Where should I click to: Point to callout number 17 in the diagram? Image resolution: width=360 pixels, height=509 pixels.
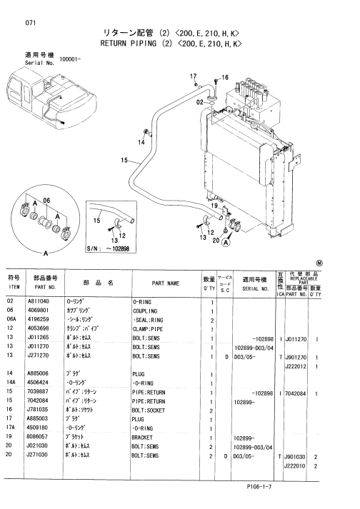pos(192,76)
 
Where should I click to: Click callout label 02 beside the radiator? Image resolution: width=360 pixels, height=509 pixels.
pos(201,102)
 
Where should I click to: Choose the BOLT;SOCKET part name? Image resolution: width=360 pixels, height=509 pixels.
pos(152,410)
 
